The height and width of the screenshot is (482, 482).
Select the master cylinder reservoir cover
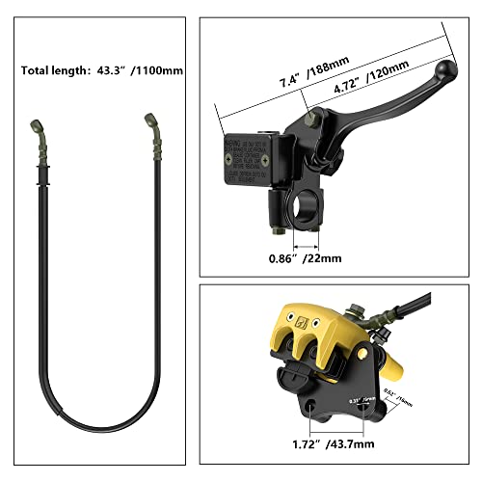250,158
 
